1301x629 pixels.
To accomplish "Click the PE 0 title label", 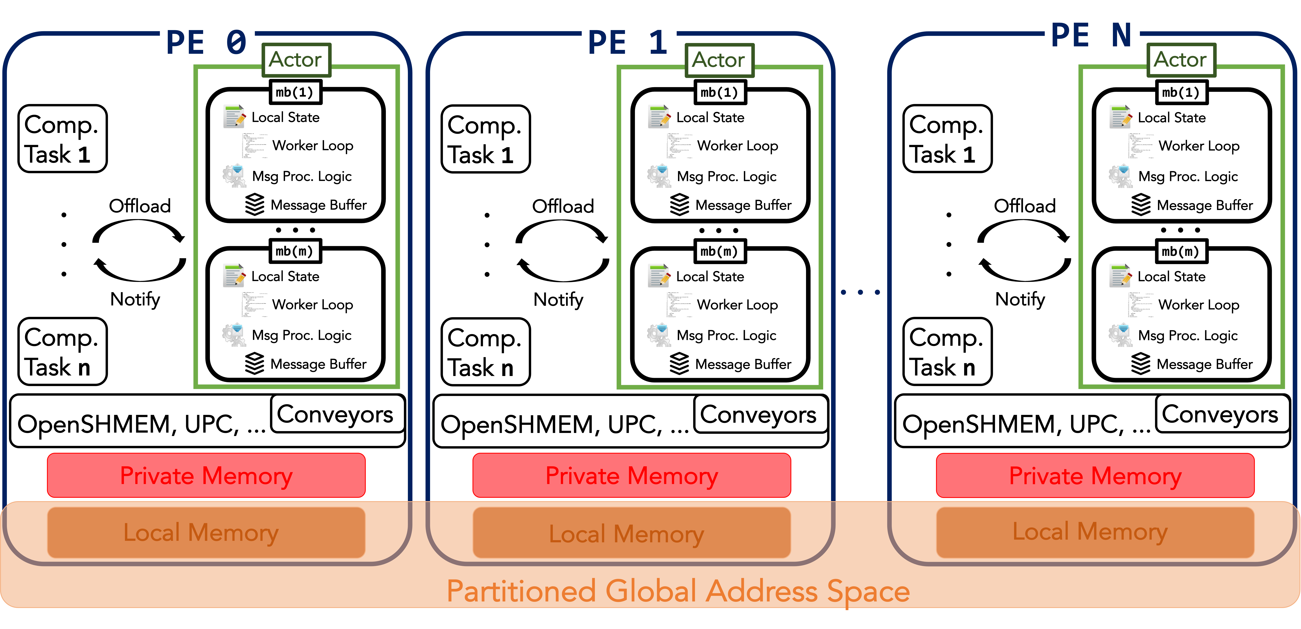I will [x=207, y=41].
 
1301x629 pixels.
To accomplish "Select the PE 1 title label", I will [x=629, y=41].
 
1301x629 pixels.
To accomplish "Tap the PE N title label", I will [x=1092, y=34].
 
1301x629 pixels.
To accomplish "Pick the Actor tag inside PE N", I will [x=1181, y=60].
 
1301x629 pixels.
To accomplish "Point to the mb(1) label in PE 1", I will [x=720, y=92].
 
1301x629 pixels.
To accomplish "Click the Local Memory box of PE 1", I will [x=631, y=533].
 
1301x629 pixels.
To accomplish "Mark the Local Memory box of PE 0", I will [x=206, y=533].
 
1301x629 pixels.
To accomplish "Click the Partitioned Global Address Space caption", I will [x=678, y=591].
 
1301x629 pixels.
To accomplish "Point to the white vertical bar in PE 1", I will [x=480, y=239].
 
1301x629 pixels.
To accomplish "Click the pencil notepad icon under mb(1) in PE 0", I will [x=233, y=116].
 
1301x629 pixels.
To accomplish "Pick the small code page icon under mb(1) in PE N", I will [x=1141, y=146].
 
